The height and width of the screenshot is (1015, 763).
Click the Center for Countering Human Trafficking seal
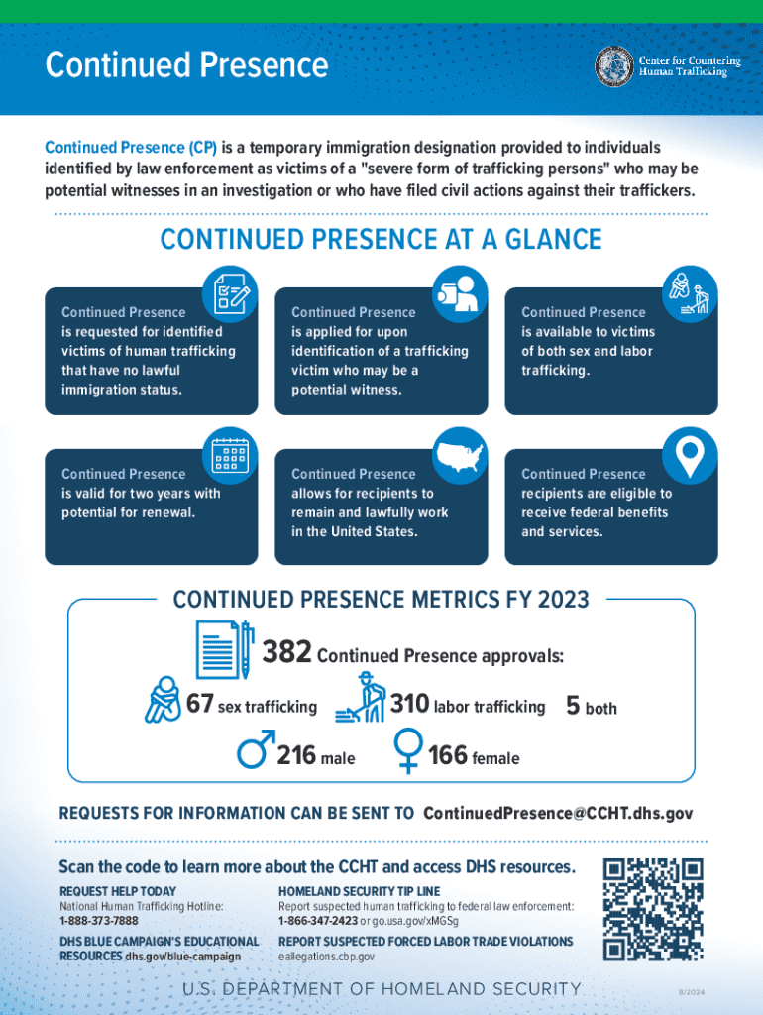click(x=613, y=66)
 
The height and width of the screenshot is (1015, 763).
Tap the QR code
click(x=653, y=909)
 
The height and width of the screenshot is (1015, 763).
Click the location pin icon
click(x=690, y=456)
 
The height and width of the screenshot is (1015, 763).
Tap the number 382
click(x=287, y=653)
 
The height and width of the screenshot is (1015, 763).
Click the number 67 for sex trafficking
click(x=200, y=705)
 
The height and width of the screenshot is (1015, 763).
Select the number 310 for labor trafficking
click(x=409, y=705)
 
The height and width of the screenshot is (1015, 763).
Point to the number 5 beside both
click(x=573, y=705)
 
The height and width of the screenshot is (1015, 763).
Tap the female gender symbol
click(x=408, y=750)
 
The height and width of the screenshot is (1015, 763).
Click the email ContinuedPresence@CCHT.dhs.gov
click(x=558, y=814)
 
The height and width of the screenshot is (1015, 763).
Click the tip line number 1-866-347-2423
click(x=318, y=921)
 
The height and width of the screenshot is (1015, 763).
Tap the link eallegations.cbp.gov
click(x=327, y=957)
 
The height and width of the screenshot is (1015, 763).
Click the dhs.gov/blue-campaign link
click(x=182, y=957)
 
